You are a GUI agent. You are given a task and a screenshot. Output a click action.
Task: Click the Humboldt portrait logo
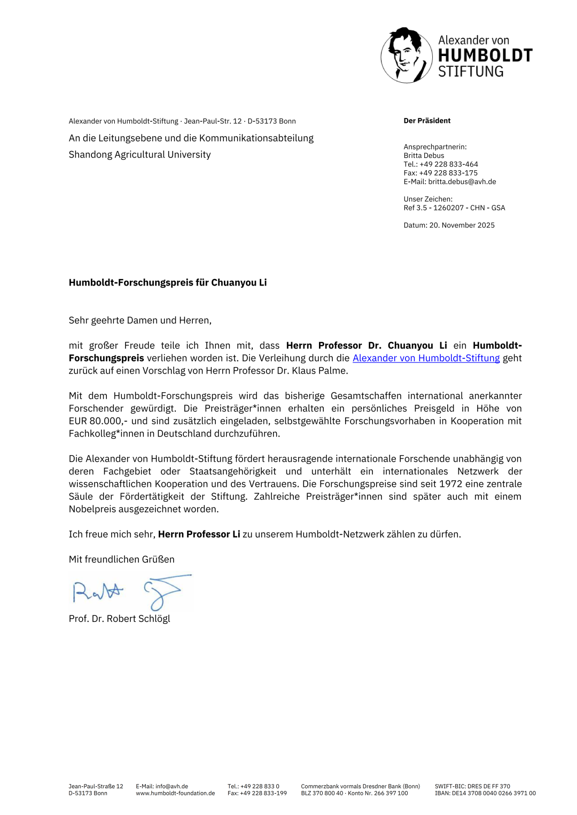pos(407,56)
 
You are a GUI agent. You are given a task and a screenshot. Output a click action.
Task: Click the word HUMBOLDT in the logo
pos(485,56)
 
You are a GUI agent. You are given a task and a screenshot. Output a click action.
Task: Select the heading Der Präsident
pos(427,121)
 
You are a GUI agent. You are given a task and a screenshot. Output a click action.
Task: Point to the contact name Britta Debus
pos(424,155)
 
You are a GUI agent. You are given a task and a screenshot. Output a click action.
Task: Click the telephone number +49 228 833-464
pos(449,164)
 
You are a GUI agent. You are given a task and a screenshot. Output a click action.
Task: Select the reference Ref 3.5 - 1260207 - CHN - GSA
pos(454,208)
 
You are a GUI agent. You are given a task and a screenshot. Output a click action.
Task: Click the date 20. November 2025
pos(462,225)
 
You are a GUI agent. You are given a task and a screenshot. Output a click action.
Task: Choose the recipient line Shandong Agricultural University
pos(139,154)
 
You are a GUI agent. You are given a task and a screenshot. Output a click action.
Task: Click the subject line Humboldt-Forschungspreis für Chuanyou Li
pos(168,282)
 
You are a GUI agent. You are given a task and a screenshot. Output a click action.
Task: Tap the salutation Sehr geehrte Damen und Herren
pos(140,320)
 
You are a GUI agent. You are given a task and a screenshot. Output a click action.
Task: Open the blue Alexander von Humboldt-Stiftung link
pos(426,358)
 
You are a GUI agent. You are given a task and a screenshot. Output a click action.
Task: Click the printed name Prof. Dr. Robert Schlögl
pos(119,619)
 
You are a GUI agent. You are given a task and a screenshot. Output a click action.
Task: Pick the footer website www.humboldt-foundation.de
pos(175,793)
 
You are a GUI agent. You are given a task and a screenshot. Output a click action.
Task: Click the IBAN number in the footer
pos(485,793)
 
